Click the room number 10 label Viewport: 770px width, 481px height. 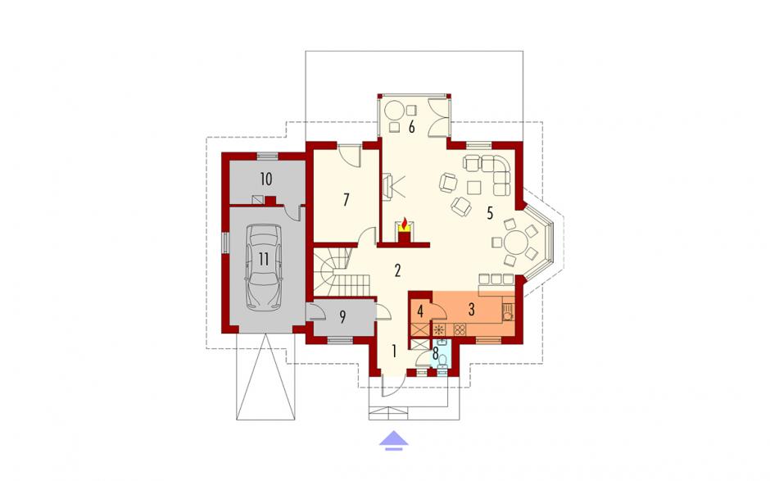265,179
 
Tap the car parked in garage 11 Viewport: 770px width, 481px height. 264,267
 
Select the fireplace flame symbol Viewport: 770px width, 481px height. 404,225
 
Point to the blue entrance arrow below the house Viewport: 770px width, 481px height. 394,440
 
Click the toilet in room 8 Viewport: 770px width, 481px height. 442,361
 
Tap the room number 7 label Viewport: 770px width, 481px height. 346,200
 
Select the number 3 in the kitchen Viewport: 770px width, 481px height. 472,310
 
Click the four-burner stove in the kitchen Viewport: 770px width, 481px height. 460,329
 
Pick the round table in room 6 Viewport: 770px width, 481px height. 394,111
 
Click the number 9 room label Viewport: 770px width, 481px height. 342,317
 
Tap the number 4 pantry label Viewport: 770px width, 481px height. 420,311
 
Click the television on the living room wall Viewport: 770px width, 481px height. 387,186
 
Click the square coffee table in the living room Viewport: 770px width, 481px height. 474,188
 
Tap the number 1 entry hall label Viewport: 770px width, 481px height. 394,351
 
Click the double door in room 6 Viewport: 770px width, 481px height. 438,117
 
